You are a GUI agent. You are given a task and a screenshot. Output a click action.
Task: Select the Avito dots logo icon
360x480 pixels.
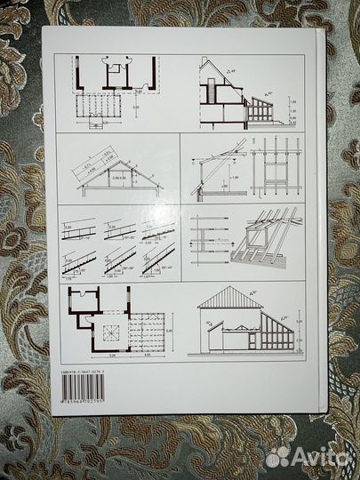277,456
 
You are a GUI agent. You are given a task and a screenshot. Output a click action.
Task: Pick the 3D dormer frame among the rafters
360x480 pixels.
258,236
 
